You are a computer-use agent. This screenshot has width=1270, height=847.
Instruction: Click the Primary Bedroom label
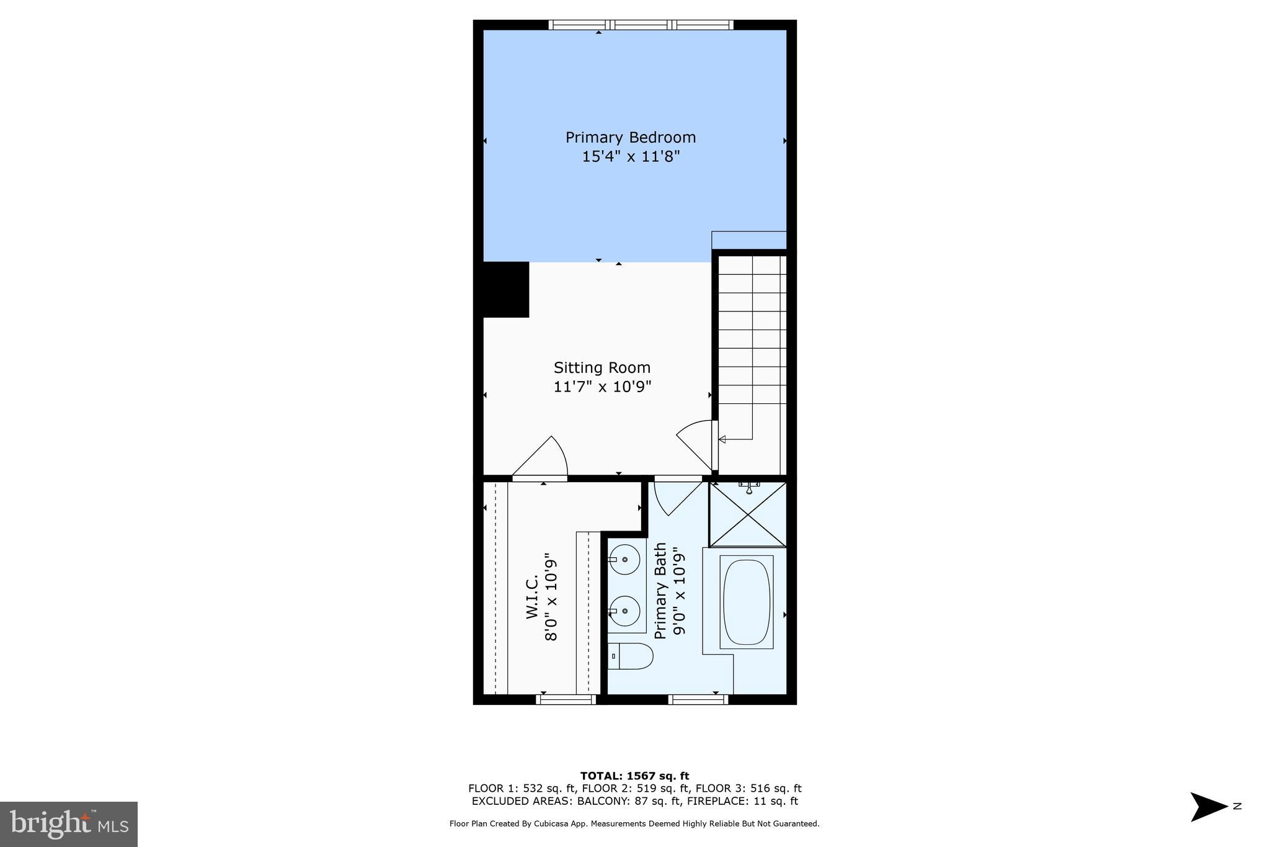(x=630, y=137)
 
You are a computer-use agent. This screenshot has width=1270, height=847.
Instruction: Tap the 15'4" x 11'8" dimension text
(x=630, y=156)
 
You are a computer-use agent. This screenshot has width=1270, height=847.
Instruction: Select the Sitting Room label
(x=602, y=367)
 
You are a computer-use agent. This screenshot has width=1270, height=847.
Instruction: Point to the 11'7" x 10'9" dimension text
(x=602, y=387)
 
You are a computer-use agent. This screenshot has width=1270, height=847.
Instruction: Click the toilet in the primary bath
(x=630, y=656)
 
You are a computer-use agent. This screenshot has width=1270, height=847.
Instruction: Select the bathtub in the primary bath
(x=746, y=602)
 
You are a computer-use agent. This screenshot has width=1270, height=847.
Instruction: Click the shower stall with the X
(x=748, y=515)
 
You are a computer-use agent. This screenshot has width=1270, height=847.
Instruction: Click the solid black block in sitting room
(x=505, y=289)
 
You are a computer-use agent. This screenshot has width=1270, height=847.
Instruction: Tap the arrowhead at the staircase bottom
(x=722, y=439)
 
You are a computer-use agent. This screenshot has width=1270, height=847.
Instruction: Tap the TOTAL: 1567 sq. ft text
(x=634, y=776)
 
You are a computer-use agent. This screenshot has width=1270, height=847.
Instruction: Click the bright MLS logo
(x=69, y=824)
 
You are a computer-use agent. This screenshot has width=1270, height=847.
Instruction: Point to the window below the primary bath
(x=698, y=700)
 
